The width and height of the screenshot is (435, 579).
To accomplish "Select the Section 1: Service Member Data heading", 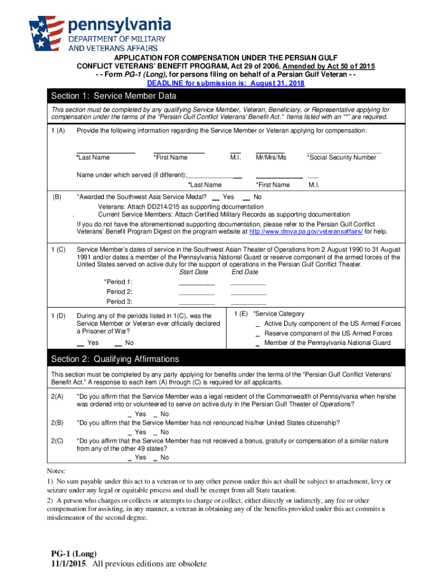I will pos(114,96).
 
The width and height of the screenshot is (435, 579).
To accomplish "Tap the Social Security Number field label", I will pos(341,157).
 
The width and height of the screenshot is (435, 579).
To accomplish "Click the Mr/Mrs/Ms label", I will pos(271,157).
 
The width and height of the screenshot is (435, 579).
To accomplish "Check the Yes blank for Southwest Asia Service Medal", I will pos(216,197).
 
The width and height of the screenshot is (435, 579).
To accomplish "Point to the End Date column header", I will pos(244,272).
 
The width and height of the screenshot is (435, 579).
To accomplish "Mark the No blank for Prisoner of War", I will pos(119,343).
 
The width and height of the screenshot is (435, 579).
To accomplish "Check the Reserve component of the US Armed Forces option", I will pos(258,334).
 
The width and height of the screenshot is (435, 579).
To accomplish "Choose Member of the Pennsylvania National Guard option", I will pos(258,344).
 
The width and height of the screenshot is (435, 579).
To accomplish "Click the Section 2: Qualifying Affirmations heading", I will pos(115,359).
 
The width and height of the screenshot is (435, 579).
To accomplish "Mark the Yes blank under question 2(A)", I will pos(131,414).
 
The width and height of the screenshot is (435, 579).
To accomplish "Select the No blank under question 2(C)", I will pos(156,458).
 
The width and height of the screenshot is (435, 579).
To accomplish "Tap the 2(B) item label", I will pos(57,423).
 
